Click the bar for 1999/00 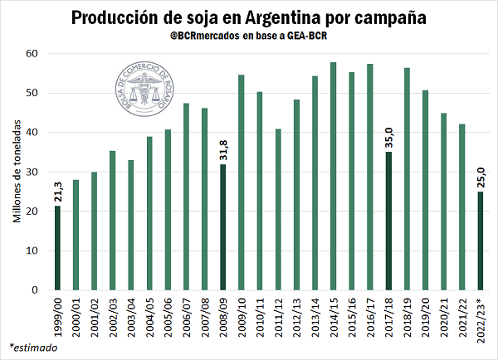[x=57, y=248]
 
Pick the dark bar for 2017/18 [x=388, y=221]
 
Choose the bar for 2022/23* [x=480, y=241]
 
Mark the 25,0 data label [x=480, y=177]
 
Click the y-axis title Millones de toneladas [x=17, y=171]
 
